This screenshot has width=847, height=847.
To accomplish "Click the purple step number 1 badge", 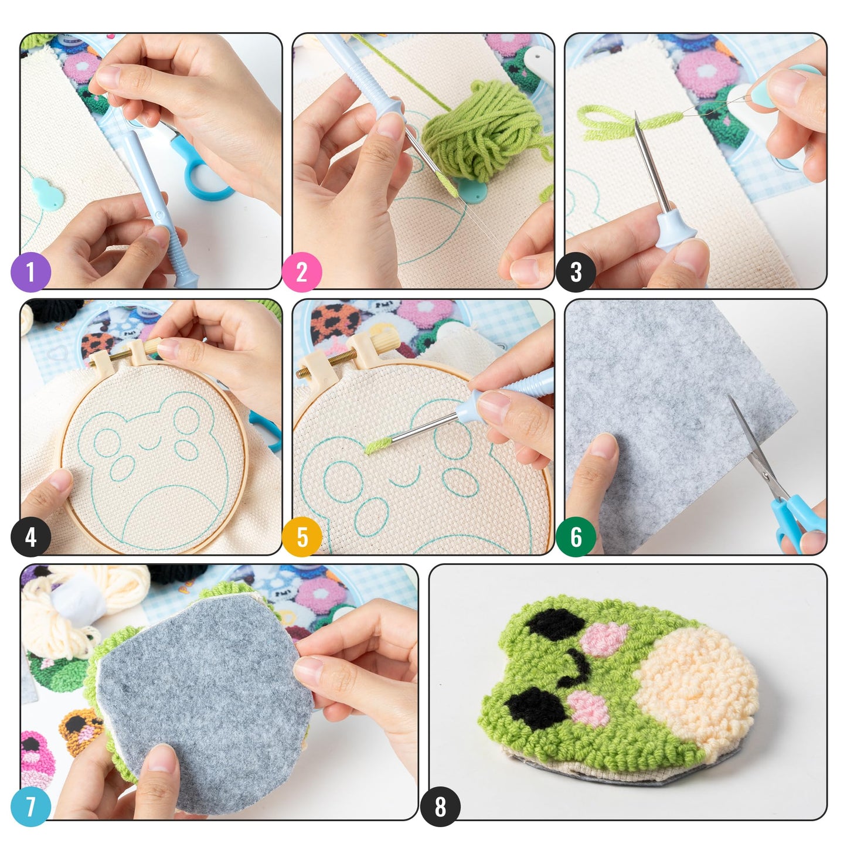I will click(30, 272).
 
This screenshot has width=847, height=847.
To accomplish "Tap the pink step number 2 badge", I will click(302, 272).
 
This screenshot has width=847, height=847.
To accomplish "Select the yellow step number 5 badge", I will click(302, 537).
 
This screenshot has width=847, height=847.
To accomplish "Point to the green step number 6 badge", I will click(575, 537).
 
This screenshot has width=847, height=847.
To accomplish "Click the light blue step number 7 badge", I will click(30, 807).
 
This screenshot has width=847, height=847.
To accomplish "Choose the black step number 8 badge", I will click(440, 807).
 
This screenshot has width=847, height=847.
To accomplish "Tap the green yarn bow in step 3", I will click(610, 120).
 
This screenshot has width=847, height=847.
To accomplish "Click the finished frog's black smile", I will click(577, 668).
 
